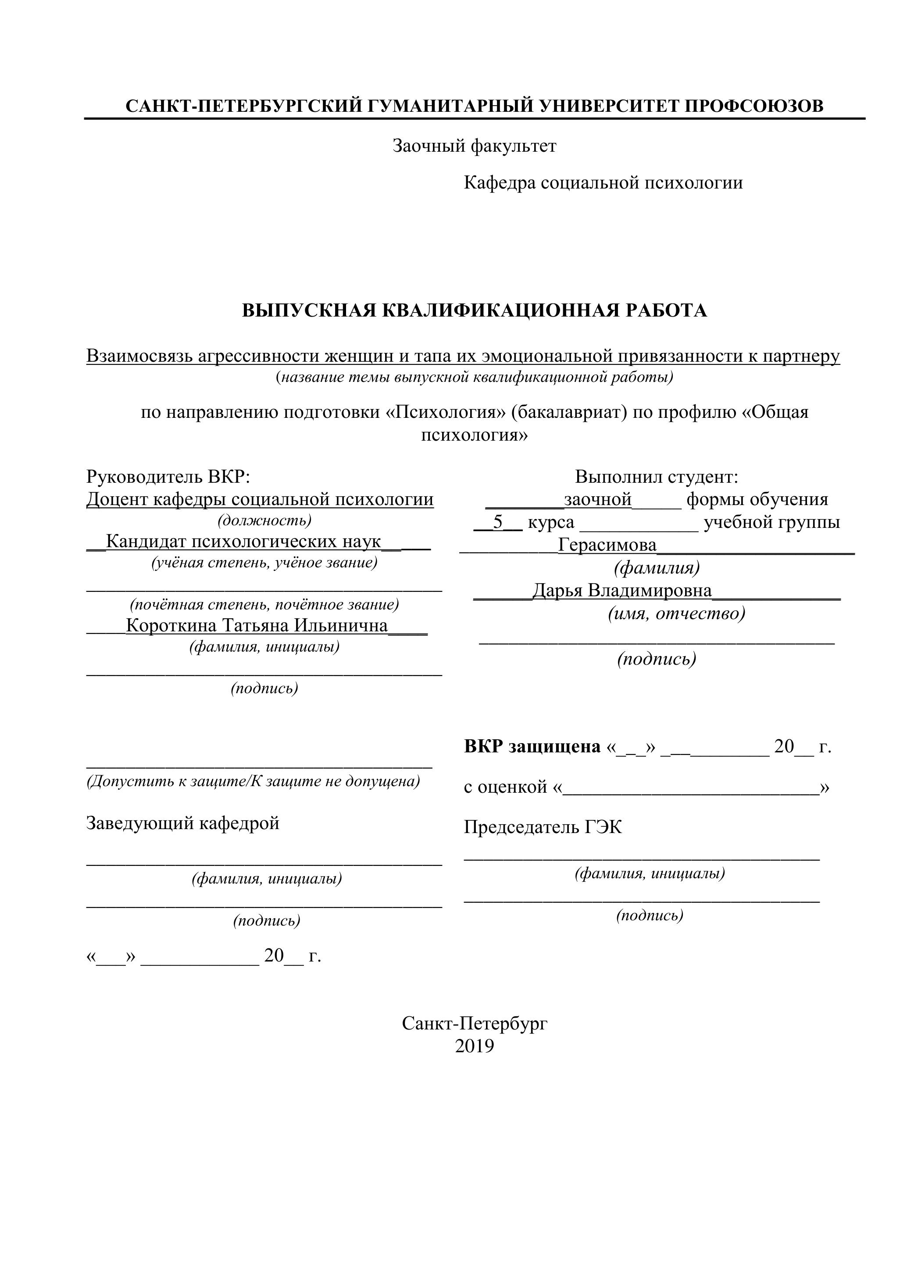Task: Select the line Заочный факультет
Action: point(474,146)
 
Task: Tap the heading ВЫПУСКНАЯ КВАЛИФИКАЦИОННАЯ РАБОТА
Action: point(474,310)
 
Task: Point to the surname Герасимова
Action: point(607,545)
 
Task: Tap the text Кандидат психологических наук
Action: point(243,541)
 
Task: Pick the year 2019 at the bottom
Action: point(474,1047)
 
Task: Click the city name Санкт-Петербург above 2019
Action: point(474,1023)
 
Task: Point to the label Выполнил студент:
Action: point(657,477)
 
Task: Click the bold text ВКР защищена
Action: point(532,747)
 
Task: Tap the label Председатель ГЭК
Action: point(543,827)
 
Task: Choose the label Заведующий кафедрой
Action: point(182,823)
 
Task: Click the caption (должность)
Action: point(264,520)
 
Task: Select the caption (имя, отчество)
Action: point(676,614)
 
